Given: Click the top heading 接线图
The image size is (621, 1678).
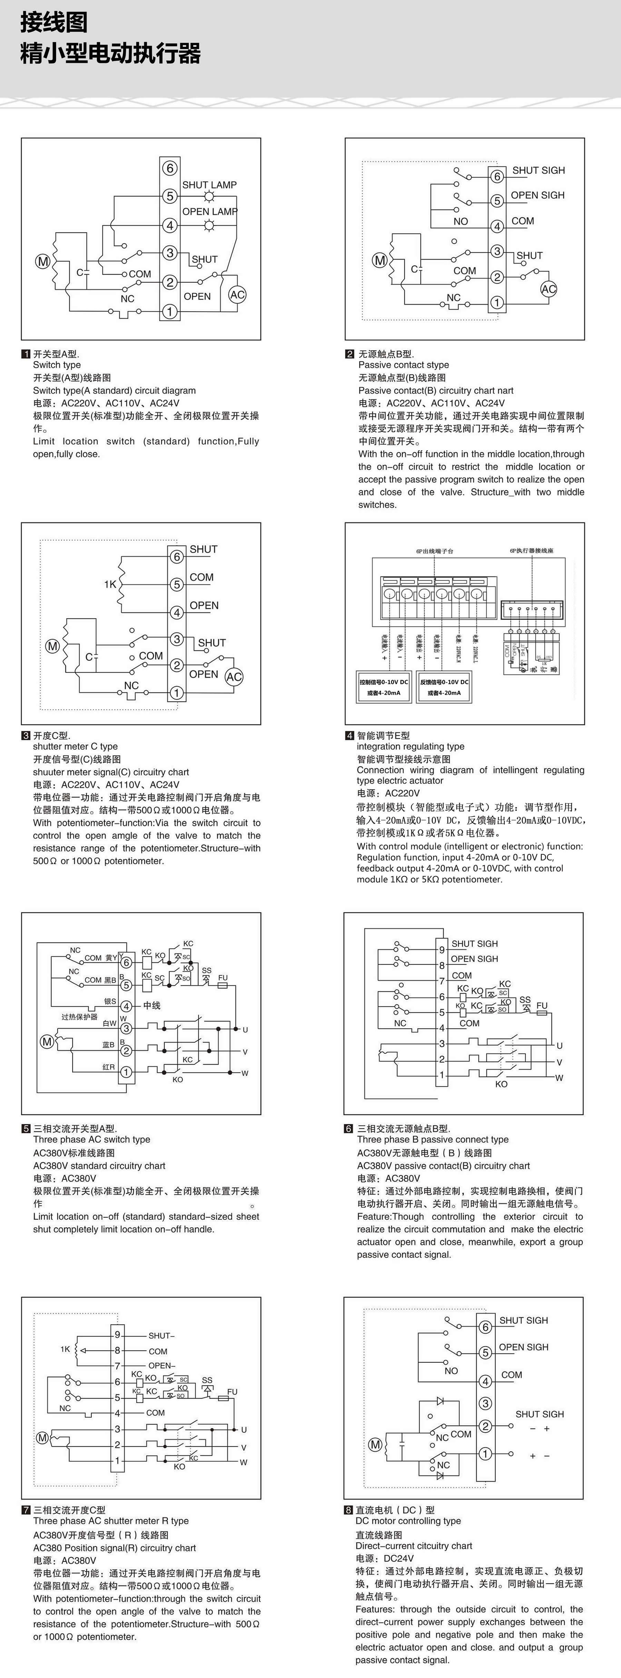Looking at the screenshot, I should click(54, 23).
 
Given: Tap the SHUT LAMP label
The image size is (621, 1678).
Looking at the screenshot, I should click(209, 185).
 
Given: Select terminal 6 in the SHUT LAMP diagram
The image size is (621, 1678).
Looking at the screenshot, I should click(169, 168).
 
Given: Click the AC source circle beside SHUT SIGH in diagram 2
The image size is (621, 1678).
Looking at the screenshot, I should click(549, 289).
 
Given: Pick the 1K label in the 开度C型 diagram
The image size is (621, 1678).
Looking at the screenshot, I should click(110, 584).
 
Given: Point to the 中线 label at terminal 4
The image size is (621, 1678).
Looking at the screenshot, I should click(152, 1005).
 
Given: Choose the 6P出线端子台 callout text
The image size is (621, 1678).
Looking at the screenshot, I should click(435, 551).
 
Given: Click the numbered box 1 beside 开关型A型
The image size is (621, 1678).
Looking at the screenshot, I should click(26, 354).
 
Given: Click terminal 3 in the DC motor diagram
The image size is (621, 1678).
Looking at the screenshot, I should click(485, 1403).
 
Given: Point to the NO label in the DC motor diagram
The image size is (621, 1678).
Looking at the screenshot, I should click(451, 1370).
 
